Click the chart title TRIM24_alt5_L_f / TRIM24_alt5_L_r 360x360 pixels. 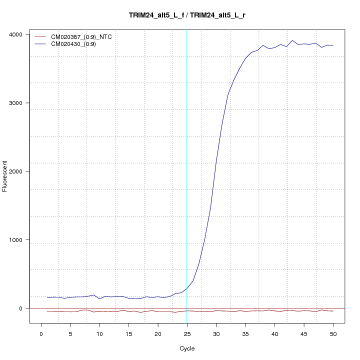coord(187,15)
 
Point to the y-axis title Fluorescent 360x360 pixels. coord(5,176)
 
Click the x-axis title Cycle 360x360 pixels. coord(186,348)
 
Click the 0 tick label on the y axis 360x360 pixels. coord(21,308)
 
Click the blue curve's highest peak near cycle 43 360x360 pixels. coord(292,40)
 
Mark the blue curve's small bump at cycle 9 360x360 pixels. coord(93,295)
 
